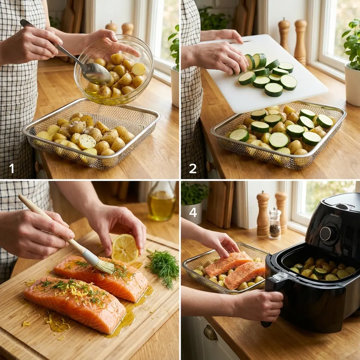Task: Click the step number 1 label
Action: click(x=12, y=169)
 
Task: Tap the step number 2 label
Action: click(x=193, y=169)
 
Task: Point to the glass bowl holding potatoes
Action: click(x=114, y=70)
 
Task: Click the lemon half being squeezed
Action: click(x=125, y=248)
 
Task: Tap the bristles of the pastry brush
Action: click(x=105, y=265)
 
